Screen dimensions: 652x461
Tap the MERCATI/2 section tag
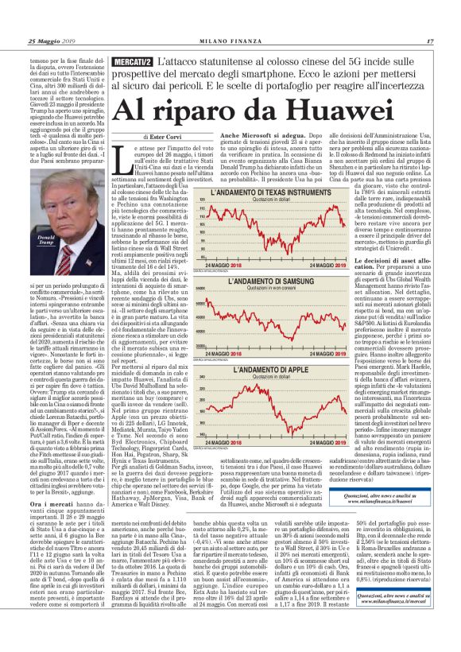132,61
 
